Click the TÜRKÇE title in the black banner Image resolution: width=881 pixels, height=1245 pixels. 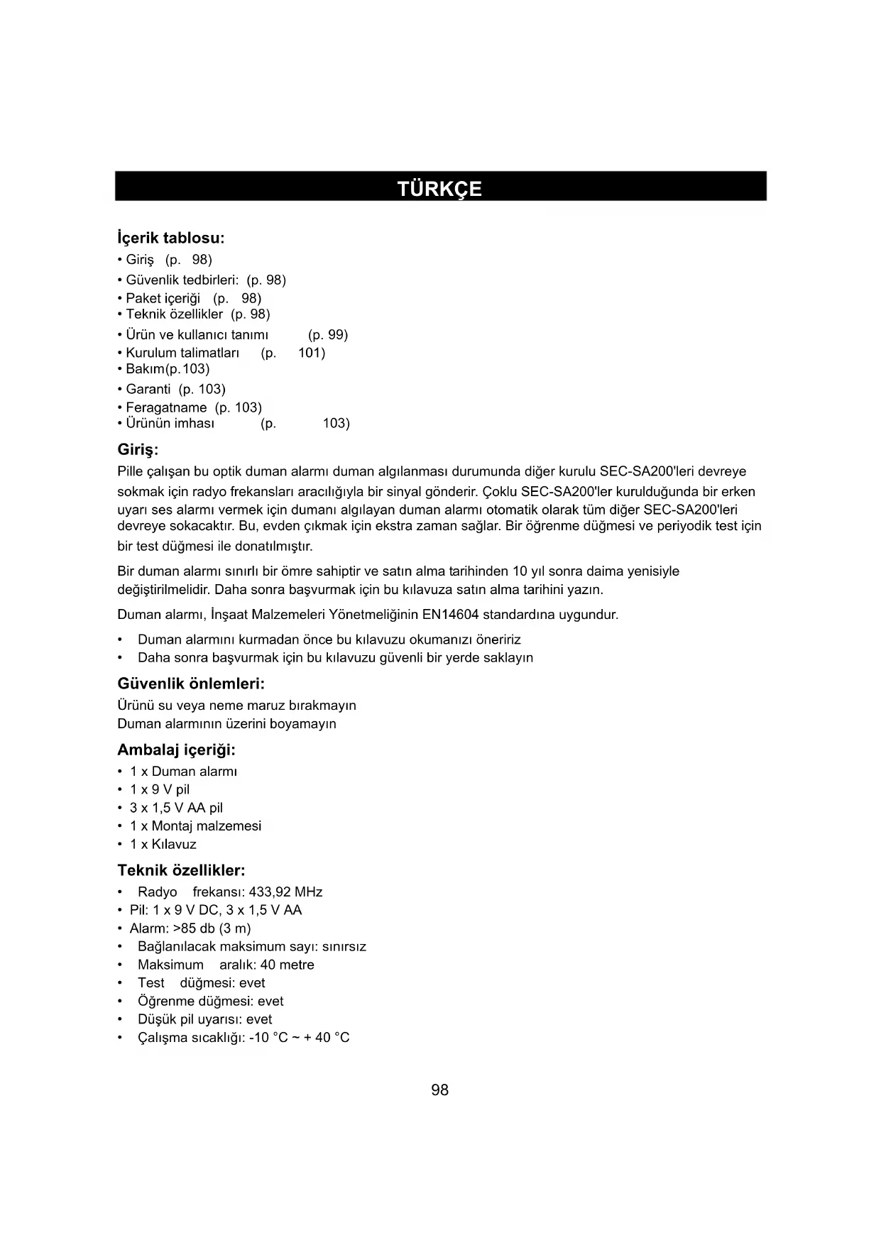coord(439,189)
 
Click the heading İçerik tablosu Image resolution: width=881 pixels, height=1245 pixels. coord(170,238)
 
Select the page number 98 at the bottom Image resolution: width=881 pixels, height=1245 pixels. coord(439,1090)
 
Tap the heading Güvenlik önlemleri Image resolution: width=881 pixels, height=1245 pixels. coord(190,684)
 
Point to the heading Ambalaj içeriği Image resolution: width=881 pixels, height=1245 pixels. coord(176,750)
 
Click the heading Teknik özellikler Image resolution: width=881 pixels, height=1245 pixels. coord(181,870)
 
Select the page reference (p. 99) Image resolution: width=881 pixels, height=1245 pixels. coord(328,334)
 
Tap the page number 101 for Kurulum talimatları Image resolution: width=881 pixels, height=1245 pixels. coord(311,353)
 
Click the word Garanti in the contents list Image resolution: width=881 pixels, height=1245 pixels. coord(148,389)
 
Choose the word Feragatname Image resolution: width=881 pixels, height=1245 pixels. coord(166,407)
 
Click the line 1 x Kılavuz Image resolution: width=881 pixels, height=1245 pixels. coord(163,844)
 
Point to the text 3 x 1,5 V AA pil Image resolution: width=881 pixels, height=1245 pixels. coord(176,808)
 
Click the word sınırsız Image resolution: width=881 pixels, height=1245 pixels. coord(344,946)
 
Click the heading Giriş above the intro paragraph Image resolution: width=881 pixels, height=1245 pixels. coord(137,450)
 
